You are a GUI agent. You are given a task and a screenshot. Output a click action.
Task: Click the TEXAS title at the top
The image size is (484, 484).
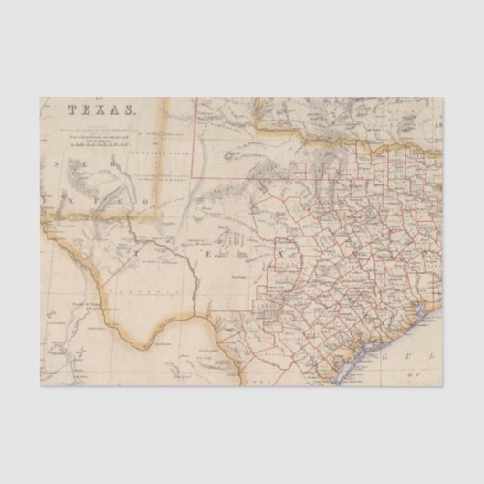coord(101,110)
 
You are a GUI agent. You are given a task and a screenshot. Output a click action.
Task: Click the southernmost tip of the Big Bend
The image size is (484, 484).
coord(142,348)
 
